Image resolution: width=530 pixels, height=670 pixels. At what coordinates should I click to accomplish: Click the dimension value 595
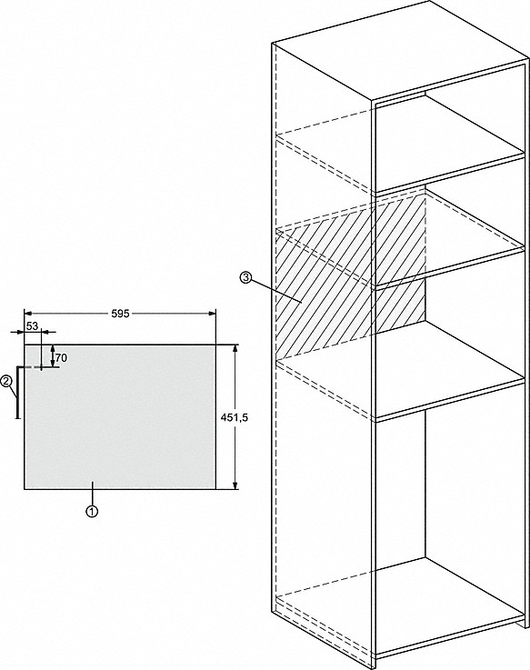coord(120,314)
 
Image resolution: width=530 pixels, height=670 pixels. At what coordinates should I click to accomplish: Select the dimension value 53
coord(32,326)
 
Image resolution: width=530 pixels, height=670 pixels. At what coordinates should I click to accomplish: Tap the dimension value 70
coord(61,358)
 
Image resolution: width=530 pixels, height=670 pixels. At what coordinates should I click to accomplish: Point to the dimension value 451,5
coord(235,418)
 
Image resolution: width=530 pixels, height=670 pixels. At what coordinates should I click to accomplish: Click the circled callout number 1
coord(92,511)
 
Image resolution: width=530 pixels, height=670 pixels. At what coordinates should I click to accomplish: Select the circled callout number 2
coord(6,381)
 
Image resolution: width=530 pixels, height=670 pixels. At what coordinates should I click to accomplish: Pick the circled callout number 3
coord(245,278)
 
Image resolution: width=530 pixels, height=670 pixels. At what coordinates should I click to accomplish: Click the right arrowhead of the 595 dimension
coord(213,314)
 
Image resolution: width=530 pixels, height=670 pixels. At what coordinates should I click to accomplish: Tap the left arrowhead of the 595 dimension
coord(28,314)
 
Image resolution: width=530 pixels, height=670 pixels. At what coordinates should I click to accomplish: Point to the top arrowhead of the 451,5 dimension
coord(235,349)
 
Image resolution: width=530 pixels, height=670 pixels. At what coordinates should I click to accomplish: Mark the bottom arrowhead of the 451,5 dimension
coord(235,485)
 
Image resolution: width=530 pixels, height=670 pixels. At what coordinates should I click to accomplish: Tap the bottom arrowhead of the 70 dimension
coord(53,364)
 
